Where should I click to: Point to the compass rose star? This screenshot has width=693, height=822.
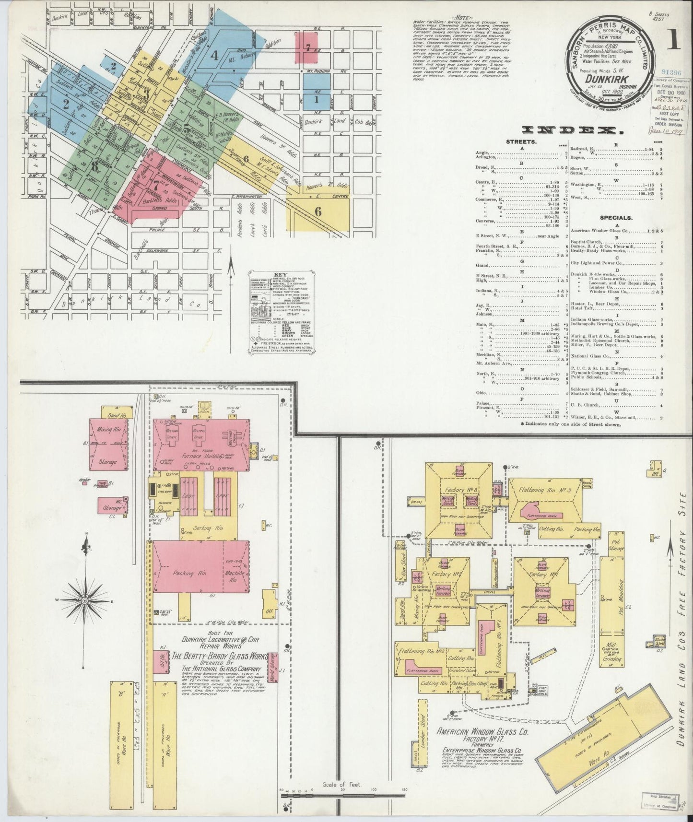[x=85, y=600]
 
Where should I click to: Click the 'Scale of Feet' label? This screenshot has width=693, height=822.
[x=342, y=785]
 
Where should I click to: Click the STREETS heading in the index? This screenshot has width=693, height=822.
[x=520, y=142]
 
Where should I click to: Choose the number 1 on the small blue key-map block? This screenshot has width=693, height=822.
[x=317, y=100]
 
